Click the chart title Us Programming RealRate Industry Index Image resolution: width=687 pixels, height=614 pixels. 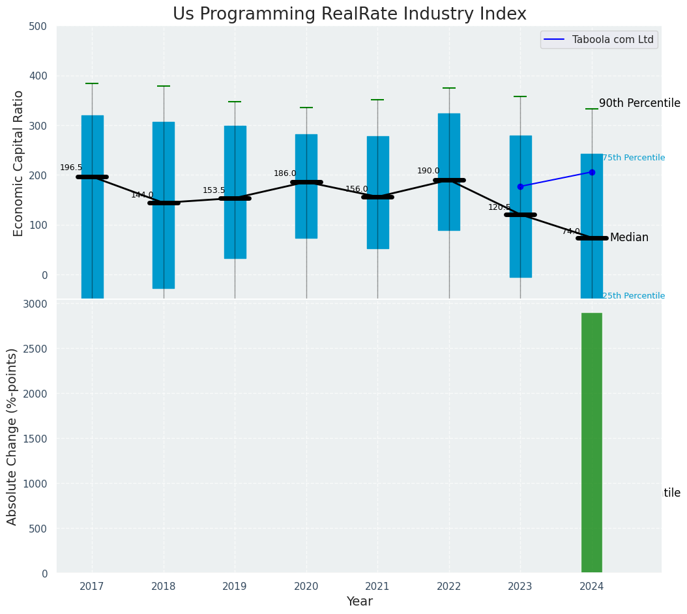pos(349,14)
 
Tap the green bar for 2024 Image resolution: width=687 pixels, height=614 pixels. pos(592,443)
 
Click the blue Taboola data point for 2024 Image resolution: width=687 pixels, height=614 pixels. pos(592,172)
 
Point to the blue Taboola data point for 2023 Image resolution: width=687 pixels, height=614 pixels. pos(520,186)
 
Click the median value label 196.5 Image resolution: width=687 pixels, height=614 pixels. pos(71,168)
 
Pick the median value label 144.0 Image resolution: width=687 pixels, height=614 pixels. pos(142,195)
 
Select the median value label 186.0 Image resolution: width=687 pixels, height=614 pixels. pos(285,173)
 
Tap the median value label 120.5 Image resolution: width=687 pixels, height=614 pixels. pos(499,207)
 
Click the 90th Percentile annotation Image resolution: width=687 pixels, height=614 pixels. pos(639,103)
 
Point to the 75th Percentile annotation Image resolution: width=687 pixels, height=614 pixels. pos(634,158)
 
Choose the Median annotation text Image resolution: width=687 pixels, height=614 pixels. pos(629,237)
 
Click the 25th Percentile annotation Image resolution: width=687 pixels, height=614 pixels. pos(634,296)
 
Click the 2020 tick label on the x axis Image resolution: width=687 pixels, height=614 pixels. pos(306,587)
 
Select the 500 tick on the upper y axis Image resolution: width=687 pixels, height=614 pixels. pos(38,26)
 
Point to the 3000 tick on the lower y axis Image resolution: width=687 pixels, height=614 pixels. pos(35,304)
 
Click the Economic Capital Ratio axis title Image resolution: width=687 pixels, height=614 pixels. pos(19,163)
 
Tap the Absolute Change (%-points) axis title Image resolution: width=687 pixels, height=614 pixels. pos(12,436)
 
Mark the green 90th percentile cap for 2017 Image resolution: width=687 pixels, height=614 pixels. pos(92,83)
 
